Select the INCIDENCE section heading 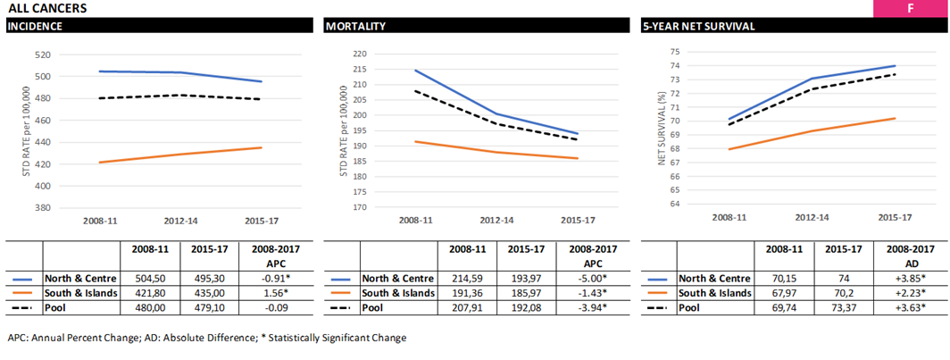point(35,26)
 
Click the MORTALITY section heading point(355,26)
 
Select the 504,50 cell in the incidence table point(149,279)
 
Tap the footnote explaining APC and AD point(206,339)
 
